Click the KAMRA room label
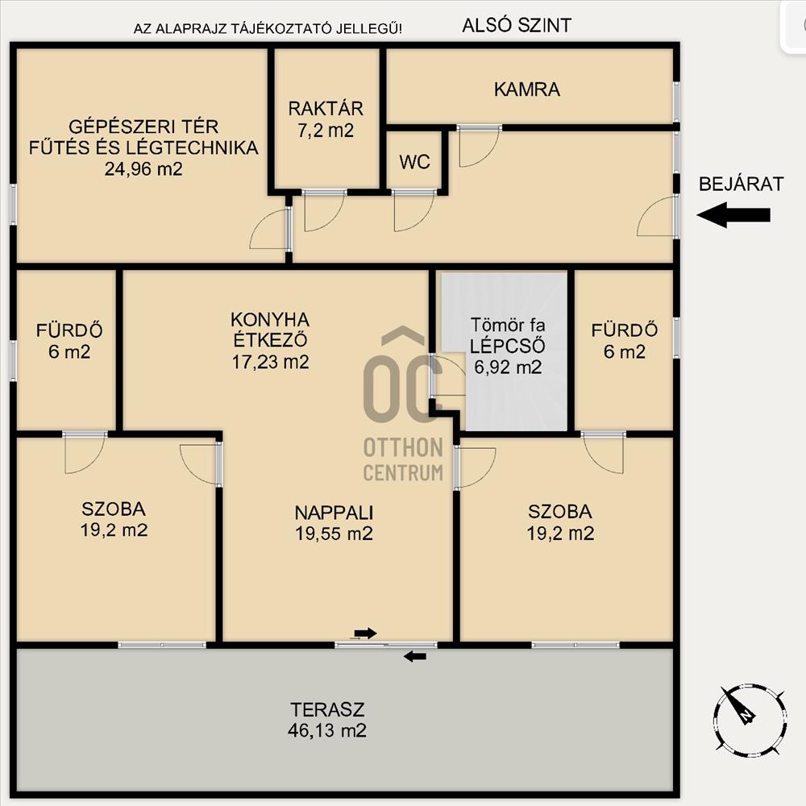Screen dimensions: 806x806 click(527, 89)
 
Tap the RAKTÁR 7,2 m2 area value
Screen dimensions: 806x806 click(326, 131)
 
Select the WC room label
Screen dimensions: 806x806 click(414, 163)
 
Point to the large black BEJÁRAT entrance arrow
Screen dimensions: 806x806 click(733, 215)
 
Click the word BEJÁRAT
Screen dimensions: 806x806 click(741, 184)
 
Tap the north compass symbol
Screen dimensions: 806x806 click(750, 720)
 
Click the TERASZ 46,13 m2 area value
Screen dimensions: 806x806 click(327, 730)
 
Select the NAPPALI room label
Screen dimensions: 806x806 click(334, 513)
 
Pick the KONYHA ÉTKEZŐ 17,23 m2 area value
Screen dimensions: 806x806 click(270, 362)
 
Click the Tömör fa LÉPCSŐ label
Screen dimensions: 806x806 click(508, 335)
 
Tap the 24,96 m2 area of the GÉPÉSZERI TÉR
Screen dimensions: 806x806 click(143, 169)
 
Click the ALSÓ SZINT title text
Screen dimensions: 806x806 click(517, 25)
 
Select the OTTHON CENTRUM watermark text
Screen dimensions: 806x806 click(403, 459)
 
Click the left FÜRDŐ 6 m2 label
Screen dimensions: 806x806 click(69, 341)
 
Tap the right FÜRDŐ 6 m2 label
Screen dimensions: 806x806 click(625, 341)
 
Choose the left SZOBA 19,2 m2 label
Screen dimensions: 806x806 click(114, 520)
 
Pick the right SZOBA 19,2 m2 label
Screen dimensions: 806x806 click(560, 522)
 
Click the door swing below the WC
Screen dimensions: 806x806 click(414, 211)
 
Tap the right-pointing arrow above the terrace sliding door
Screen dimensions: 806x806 click(365, 634)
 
